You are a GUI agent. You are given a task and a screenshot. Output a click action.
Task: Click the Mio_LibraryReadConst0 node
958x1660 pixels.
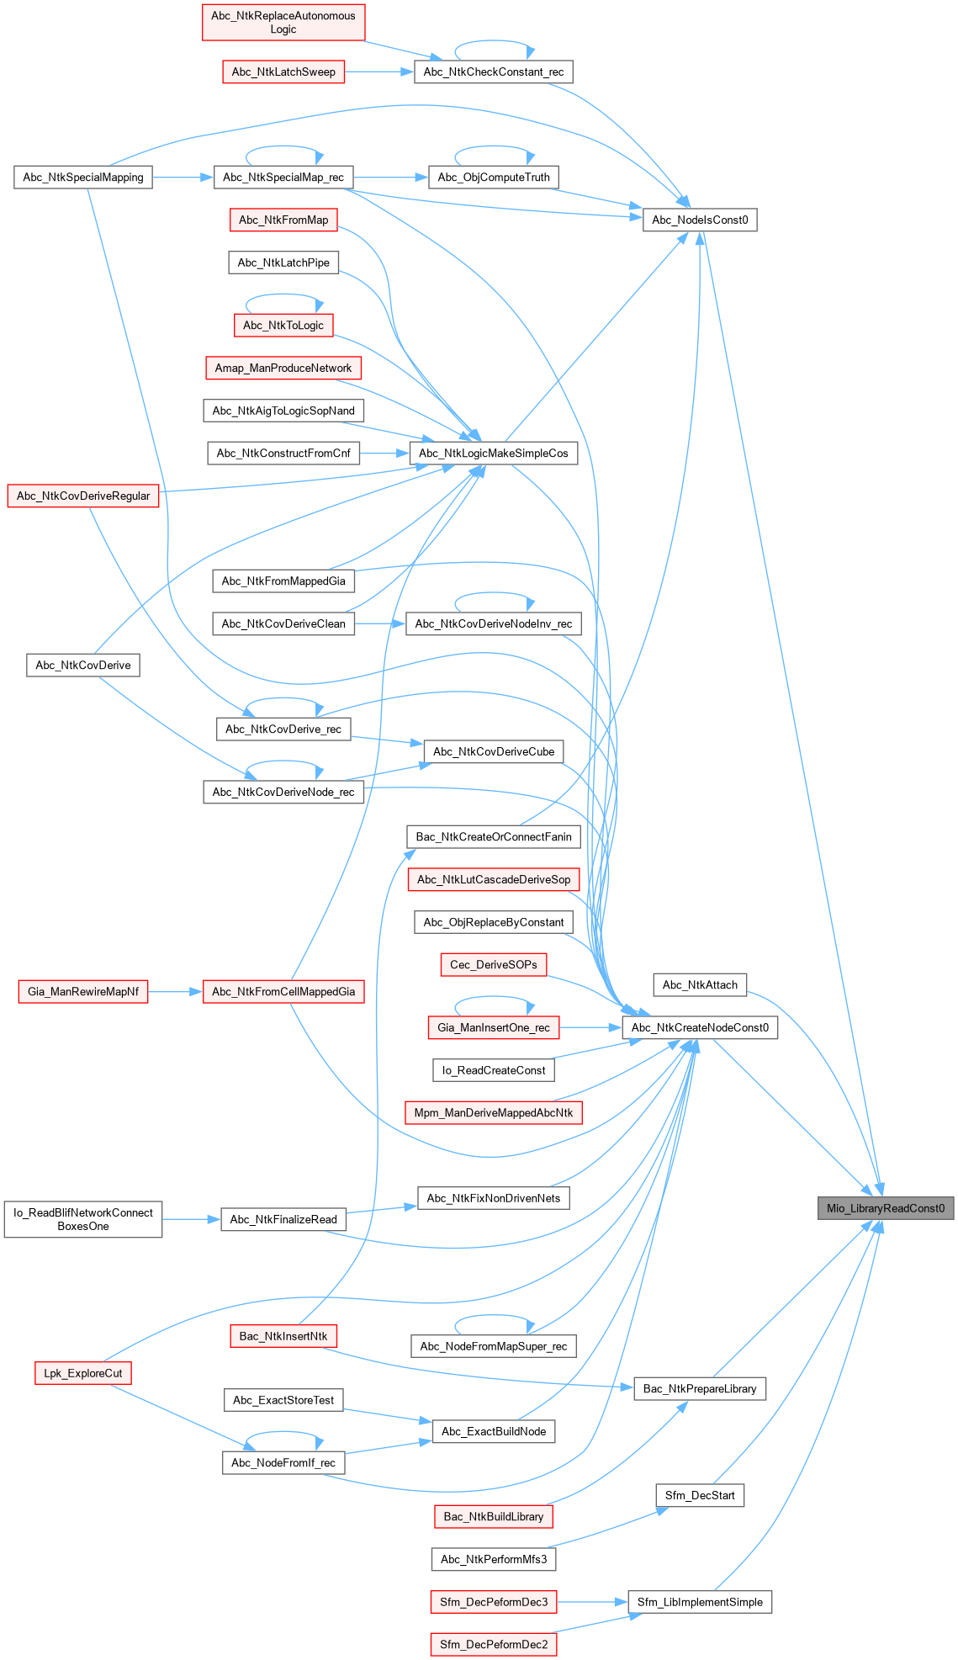point(885,1208)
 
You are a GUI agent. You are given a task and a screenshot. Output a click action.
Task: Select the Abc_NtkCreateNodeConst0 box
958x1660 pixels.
point(700,1027)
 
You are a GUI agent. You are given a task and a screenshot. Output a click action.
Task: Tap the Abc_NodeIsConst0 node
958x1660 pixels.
point(700,220)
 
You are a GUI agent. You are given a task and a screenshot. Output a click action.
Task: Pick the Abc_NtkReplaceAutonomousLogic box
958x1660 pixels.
point(283,23)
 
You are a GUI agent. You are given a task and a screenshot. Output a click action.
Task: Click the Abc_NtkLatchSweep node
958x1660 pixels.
point(283,72)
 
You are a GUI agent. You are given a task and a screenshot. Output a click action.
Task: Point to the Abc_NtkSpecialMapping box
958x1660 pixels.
point(83,178)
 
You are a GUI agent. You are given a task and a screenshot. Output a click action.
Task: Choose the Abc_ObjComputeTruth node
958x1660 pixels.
point(494,178)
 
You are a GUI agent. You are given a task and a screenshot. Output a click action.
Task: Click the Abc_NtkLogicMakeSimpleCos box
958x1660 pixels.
point(494,453)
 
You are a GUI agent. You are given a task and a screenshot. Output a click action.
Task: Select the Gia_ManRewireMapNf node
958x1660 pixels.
point(83,992)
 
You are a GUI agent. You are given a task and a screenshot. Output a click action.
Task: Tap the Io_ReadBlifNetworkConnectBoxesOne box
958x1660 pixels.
point(83,1219)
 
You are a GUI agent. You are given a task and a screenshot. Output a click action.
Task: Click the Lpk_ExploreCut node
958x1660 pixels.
point(83,1373)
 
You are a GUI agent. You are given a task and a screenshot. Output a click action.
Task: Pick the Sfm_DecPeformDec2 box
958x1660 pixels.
point(494,1644)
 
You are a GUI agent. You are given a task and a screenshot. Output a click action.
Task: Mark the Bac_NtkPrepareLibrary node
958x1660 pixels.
point(700,1388)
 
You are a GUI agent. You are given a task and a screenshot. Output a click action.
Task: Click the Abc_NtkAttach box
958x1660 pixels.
point(700,985)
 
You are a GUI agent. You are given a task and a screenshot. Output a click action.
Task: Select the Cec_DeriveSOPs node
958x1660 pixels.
point(494,964)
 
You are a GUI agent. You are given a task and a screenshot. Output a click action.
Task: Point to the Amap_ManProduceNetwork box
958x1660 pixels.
point(283,368)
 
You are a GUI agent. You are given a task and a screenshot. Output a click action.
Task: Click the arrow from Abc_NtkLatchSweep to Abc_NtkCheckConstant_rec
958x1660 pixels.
point(378,72)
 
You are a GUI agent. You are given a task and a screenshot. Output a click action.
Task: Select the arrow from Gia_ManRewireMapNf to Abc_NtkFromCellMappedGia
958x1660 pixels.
point(175,992)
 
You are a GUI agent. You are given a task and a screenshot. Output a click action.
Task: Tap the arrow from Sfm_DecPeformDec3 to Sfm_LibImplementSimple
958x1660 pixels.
point(592,1602)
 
